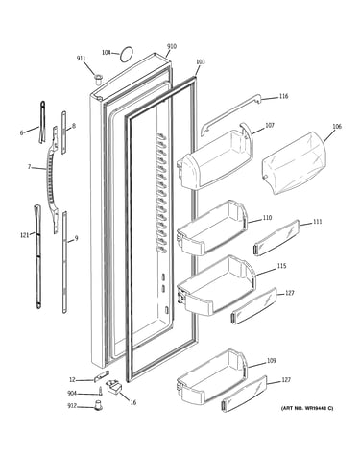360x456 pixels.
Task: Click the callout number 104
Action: [x=106, y=52]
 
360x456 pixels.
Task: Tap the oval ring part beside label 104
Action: [x=121, y=55]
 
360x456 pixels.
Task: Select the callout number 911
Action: [x=81, y=59]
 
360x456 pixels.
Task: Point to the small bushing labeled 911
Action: [x=98, y=79]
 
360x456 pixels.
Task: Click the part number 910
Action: [x=172, y=46]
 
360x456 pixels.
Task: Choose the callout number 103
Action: [x=200, y=61]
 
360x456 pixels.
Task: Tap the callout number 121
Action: [x=24, y=235]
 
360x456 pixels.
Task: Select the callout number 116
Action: [x=283, y=96]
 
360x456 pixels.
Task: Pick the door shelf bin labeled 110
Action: [x=211, y=228]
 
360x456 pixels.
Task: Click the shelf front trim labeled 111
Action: [x=276, y=238]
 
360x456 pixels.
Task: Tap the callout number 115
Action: [x=281, y=266]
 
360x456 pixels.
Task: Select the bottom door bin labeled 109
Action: [x=211, y=376]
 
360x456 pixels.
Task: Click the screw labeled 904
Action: [x=100, y=393]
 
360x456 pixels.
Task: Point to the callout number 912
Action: [x=72, y=406]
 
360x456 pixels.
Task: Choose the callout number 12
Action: [x=72, y=380]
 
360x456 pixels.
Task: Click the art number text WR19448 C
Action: [x=315, y=408]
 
